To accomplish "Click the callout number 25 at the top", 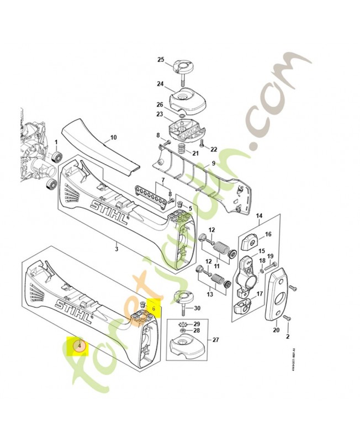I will pos(161,60).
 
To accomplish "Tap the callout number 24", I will pos(160,84).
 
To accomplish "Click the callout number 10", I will pos(114,137).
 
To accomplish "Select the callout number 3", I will pos(117,249).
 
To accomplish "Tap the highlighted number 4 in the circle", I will pos(80,346).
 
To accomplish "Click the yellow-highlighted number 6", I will pos(154,305).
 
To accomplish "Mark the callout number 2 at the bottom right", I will pos(287,335).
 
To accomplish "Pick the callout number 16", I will pos(268,234).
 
